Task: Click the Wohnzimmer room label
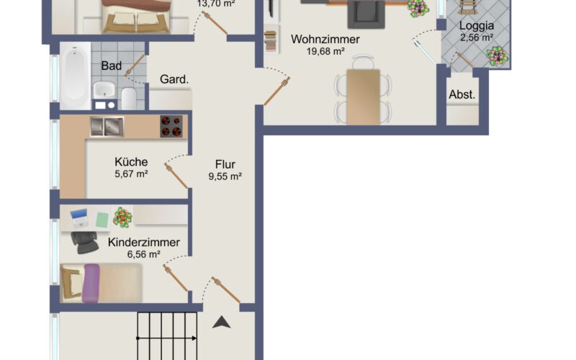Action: [325, 39]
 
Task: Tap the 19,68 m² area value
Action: [325, 51]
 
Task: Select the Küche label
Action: [131, 161]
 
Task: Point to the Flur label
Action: [225, 164]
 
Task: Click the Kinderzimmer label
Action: [143, 242]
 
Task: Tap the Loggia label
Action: [477, 26]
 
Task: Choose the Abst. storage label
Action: [462, 94]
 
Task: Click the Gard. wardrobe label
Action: [174, 79]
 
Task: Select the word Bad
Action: [112, 66]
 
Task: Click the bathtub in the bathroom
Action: [75, 76]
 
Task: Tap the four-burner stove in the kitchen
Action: [171, 127]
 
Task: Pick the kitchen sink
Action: [107, 127]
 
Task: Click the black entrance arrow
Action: [222, 322]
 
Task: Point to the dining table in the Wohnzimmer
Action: [364, 97]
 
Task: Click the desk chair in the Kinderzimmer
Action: [85, 242]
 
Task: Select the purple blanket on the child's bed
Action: [91, 283]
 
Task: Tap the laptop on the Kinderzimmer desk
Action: [79, 218]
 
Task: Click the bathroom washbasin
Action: [104, 89]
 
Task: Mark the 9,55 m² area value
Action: [225, 176]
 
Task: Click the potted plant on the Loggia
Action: [497, 56]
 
